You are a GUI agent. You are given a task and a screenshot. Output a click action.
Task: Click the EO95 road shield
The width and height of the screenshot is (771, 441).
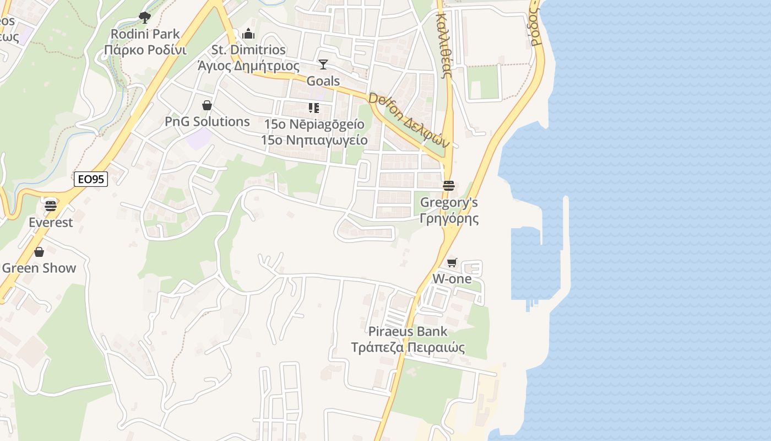click(91, 179)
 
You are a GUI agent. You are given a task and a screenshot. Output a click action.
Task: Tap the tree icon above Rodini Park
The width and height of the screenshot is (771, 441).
click(145, 18)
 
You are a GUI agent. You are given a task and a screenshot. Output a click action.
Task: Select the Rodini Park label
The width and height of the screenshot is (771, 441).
click(145, 34)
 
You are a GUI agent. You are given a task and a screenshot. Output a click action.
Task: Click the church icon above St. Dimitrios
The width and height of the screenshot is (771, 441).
click(248, 34)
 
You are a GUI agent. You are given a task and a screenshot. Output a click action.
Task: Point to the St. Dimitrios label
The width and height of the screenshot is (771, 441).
click(249, 50)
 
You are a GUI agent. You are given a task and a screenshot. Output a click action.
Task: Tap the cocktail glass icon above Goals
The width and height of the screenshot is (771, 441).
click(323, 64)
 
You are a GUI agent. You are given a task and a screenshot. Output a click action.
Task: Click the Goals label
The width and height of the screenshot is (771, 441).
click(323, 81)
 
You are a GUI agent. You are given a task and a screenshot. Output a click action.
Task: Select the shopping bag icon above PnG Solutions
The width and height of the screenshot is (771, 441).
click(207, 105)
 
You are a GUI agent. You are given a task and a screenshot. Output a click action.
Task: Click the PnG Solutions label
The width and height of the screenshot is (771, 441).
click(207, 122)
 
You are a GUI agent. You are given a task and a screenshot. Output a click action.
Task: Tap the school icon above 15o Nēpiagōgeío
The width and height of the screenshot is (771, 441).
click(314, 108)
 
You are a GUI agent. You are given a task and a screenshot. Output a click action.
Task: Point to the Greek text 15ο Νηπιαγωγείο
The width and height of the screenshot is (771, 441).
click(314, 140)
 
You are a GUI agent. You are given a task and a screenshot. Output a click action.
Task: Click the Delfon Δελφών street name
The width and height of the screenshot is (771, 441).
click(410, 120)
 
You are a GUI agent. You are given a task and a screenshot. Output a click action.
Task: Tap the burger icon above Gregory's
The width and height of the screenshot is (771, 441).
click(449, 186)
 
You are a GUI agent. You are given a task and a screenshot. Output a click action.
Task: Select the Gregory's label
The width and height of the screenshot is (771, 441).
click(449, 203)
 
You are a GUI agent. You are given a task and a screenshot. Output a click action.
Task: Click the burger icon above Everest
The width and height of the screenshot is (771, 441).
click(51, 206)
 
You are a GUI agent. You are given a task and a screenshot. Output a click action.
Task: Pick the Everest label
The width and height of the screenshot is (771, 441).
click(51, 223)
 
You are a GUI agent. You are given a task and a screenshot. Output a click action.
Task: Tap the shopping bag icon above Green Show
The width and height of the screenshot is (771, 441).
click(39, 252)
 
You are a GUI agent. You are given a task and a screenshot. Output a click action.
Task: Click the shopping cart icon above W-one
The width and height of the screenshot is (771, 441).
click(452, 262)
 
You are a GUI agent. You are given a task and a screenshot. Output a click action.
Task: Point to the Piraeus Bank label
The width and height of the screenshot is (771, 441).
click(408, 332)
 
